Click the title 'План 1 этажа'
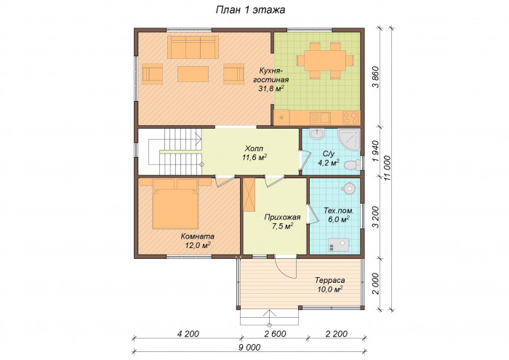tap(250, 10)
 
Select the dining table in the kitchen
tap(324, 60)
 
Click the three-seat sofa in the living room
tap(193, 47)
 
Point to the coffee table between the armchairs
tap(193, 74)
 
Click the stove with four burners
tap(350, 118)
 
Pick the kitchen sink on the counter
tap(320, 118)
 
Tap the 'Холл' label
tap(254, 149)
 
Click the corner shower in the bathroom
tap(349, 140)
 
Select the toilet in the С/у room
tap(352, 166)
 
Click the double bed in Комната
tap(175, 204)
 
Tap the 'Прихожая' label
tap(282, 217)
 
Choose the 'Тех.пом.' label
tap(339, 211)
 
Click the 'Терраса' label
tap(330, 280)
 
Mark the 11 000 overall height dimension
tap(387, 169)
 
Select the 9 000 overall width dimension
tap(249, 348)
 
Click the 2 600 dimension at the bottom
tap(275, 334)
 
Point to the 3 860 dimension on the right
tap(376, 77)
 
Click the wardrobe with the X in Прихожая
tap(249, 195)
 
